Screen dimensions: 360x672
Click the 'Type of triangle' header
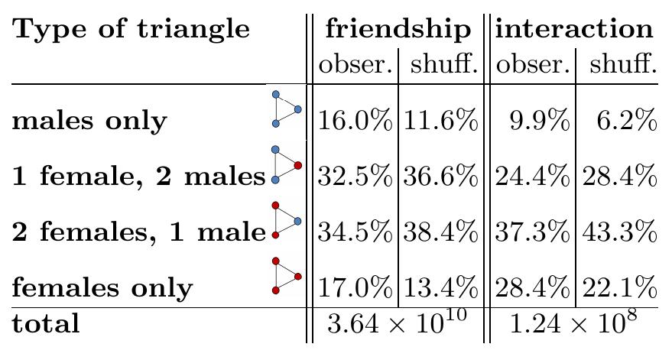131,30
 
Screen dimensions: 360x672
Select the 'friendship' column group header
398,29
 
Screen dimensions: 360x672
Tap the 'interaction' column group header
574,29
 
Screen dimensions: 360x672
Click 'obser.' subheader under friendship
355,65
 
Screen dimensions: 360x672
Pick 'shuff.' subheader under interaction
618,65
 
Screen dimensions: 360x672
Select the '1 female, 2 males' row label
138,177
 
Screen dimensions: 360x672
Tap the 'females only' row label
102,287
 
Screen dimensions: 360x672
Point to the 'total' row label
46,323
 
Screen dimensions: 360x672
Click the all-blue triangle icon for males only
285,109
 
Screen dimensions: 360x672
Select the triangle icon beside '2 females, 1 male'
285,221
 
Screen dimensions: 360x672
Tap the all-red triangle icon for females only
285,276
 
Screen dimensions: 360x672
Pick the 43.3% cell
619,232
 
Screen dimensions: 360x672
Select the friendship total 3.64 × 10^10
397,325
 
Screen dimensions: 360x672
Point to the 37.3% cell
533,232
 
